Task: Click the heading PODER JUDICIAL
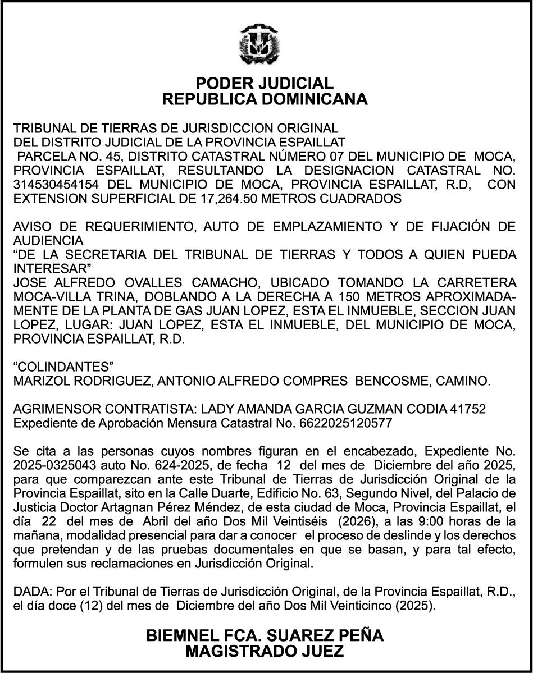pyautogui.click(x=264, y=84)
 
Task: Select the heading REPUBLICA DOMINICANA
pyautogui.click(x=265, y=99)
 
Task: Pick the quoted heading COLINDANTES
pyautogui.click(x=62, y=368)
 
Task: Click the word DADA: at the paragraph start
pyautogui.click(x=31, y=593)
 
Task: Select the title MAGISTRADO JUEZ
pyautogui.click(x=265, y=652)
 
